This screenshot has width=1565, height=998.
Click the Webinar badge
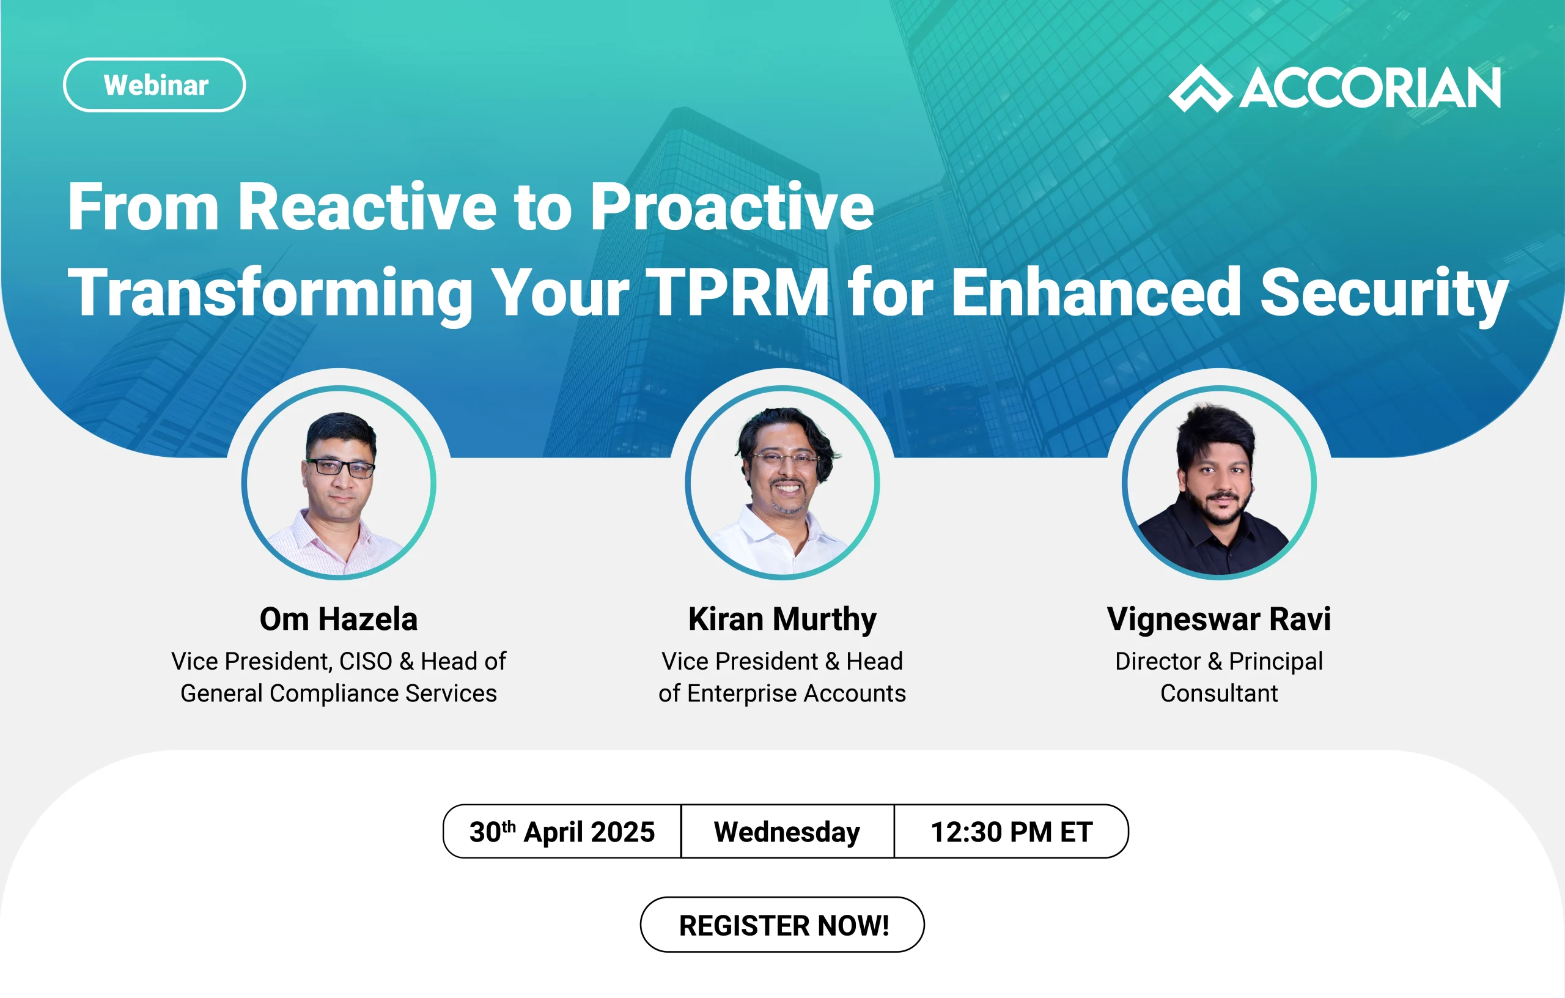coord(155,85)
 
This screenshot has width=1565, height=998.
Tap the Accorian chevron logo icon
coord(1200,89)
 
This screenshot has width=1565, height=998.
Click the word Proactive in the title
coord(732,207)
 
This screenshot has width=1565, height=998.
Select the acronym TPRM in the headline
coord(737,292)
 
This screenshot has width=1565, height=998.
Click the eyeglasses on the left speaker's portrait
coord(340,467)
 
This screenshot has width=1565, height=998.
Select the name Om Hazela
coord(339,619)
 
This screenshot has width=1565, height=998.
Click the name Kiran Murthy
coord(782,619)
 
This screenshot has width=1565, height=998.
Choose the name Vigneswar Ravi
coord(1219,619)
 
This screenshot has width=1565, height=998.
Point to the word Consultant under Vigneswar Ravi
coord(1219,693)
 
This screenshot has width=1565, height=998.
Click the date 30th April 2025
coord(562,832)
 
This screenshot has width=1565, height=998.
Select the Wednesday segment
coord(787,832)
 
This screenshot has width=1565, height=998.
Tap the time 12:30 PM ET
coord(1011,832)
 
